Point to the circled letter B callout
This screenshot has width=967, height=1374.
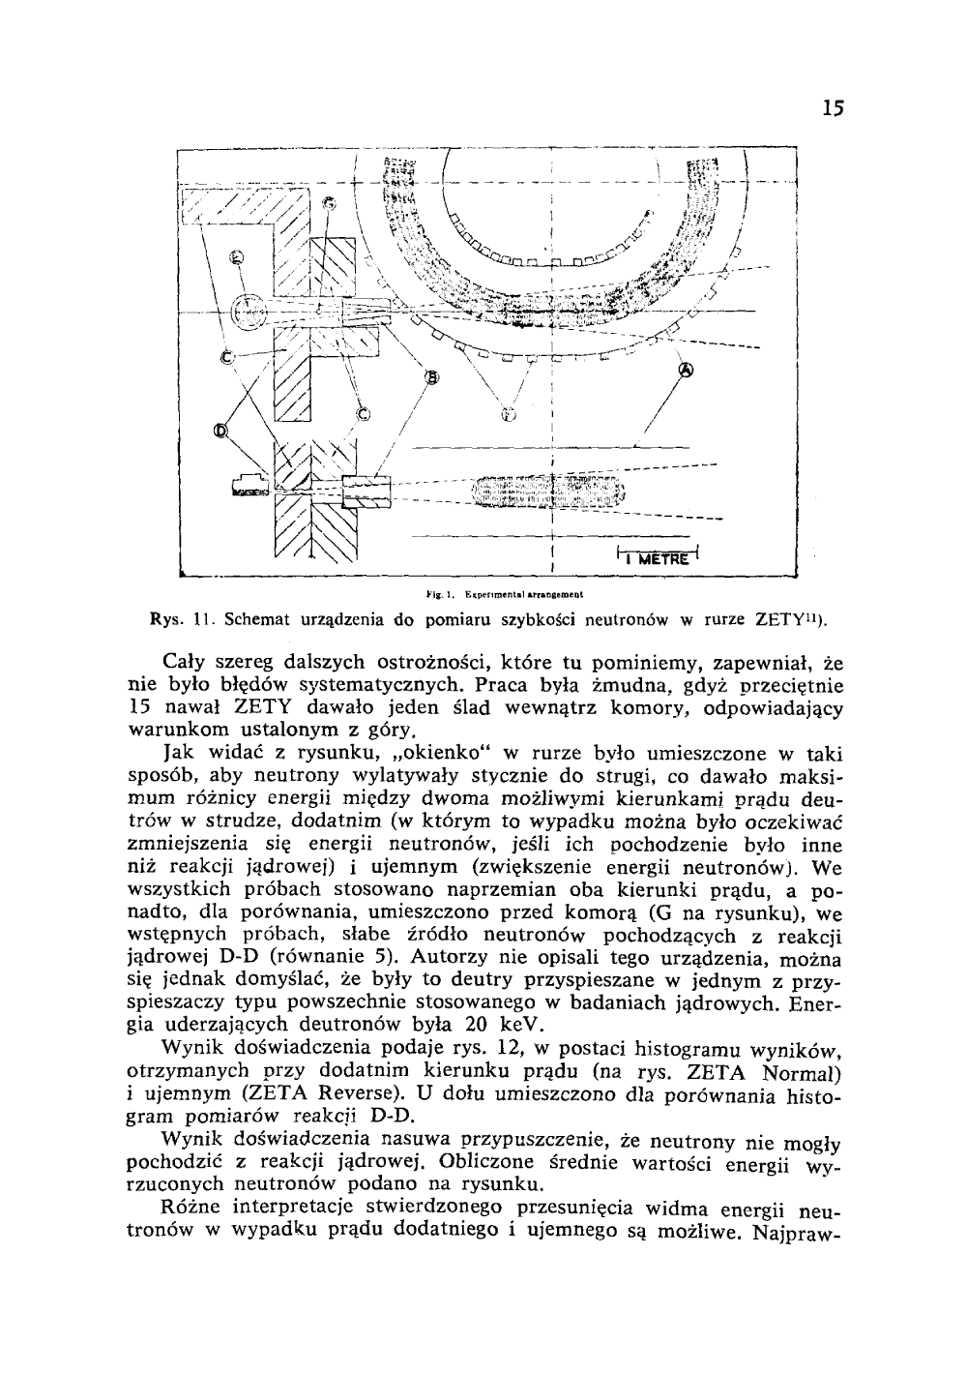[430, 377]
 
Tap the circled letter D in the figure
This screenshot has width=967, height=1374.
[221, 432]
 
